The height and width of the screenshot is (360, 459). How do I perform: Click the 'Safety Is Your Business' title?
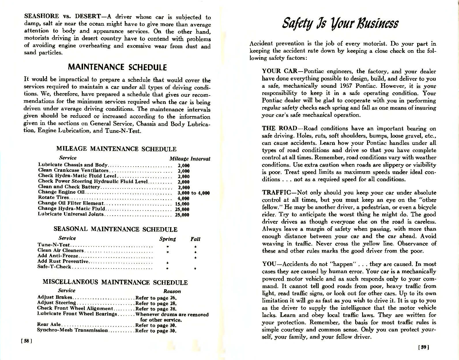point(340,23)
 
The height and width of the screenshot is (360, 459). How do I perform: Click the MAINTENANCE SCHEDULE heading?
point(117,68)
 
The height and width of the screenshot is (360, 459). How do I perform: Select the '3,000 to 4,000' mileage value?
point(193,193)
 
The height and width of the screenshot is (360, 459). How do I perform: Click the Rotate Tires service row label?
point(54,197)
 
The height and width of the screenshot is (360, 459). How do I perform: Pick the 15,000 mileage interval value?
point(182,204)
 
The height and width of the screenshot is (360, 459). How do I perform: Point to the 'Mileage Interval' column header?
point(190,159)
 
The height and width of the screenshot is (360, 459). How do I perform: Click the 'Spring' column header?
point(168,239)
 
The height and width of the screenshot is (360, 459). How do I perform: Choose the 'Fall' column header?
point(195,239)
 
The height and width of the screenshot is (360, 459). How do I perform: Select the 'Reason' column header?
point(172,291)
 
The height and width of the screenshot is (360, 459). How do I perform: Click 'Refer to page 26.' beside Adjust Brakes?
point(156,298)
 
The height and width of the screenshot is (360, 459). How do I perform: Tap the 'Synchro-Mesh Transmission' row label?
point(72,330)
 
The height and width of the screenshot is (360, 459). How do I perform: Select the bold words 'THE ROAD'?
point(279,128)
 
